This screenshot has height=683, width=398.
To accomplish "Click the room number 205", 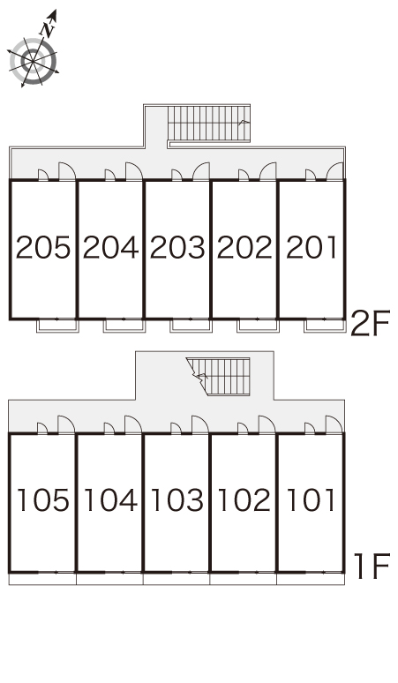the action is click(43, 247).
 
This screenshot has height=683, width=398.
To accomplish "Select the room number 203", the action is click(177, 247).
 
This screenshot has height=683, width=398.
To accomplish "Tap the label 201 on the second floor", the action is click(312, 247).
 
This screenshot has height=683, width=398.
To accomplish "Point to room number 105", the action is click(43, 499).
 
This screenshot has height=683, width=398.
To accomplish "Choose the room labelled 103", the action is click(177, 499).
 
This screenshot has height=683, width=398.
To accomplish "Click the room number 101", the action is click(311, 499).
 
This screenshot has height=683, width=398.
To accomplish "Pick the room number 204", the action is click(110, 247).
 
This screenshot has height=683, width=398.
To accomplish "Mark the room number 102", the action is click(244, 499).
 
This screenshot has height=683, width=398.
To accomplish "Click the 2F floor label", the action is click(370, 323).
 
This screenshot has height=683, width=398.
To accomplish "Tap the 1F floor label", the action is click(372, 567).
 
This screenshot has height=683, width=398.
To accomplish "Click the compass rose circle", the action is click(34, 62).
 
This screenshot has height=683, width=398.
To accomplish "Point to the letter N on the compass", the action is click(47, 30).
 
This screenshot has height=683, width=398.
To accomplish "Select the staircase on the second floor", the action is click(209, 124).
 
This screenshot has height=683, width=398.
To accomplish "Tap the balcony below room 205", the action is click(57, 326).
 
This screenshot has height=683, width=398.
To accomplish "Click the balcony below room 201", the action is click(325, 326).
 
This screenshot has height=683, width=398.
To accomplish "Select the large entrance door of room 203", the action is click(201, 171).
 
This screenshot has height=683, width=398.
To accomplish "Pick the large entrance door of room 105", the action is click(66, 424).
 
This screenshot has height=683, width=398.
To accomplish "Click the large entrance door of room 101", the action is click(334, 424).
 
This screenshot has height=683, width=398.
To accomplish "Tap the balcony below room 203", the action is click(191, 326).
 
